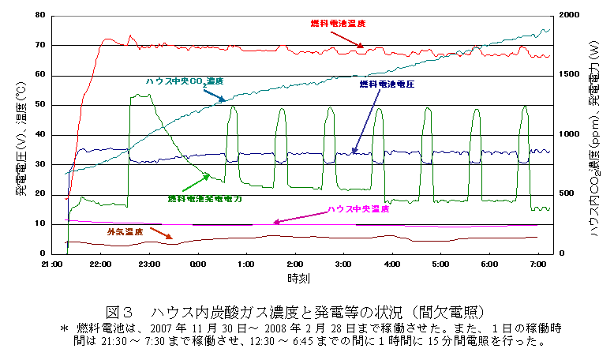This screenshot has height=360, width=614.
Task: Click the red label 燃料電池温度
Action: click(337, 24)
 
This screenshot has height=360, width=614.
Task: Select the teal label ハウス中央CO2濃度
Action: click(185, 81)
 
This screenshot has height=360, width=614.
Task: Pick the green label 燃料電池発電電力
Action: click(204, 200)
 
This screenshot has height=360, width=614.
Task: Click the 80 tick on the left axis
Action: click(39, 15)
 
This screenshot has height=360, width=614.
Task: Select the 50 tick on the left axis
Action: click(39, 105)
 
